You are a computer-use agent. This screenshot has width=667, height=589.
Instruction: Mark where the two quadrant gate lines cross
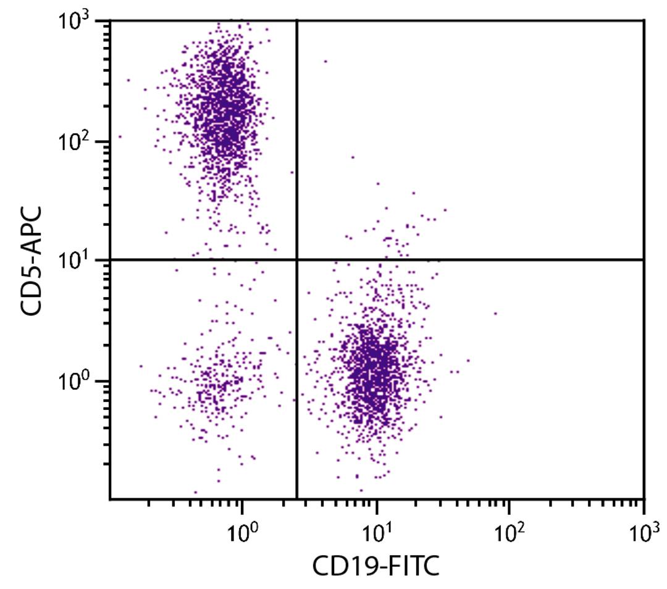coord(297,260)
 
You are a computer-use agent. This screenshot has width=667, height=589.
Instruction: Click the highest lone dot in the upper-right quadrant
coord(325,61)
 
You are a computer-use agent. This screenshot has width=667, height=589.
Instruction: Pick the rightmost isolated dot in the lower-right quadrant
coord(495,313)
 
